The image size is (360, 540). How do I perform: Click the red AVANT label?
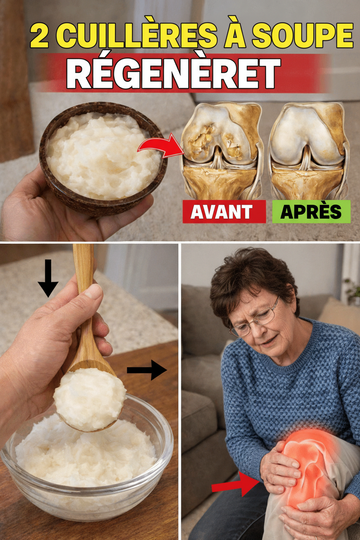pos(224,212)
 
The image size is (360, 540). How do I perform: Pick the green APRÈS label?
pos(311,212)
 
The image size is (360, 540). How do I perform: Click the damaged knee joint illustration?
pos(222,150)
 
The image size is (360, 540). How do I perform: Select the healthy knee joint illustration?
pos(308,151)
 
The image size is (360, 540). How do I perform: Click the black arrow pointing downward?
pos(48,278)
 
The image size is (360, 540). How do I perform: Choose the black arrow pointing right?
pos(147,370)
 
